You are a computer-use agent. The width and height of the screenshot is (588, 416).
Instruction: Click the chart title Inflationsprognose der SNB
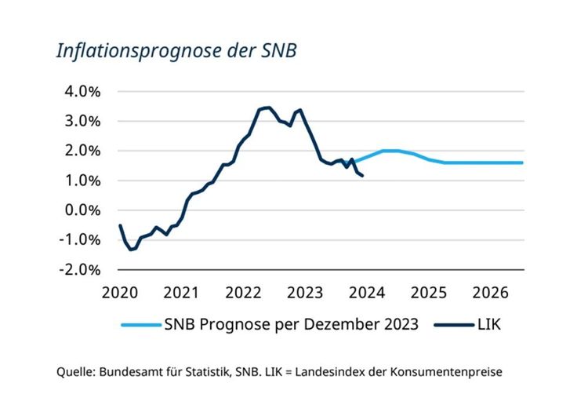[176, 51]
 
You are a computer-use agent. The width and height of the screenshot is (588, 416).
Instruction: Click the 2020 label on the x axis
[120, 292]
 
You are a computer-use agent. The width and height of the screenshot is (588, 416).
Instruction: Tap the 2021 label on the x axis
[182, 292]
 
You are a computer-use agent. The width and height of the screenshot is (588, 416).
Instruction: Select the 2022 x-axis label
[244, 292]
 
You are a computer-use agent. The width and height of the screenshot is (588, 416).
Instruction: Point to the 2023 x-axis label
[306, 292]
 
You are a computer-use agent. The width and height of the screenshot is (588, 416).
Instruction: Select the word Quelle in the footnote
[75, 372]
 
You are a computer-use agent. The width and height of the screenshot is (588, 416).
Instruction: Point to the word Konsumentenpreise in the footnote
[467, 372]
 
